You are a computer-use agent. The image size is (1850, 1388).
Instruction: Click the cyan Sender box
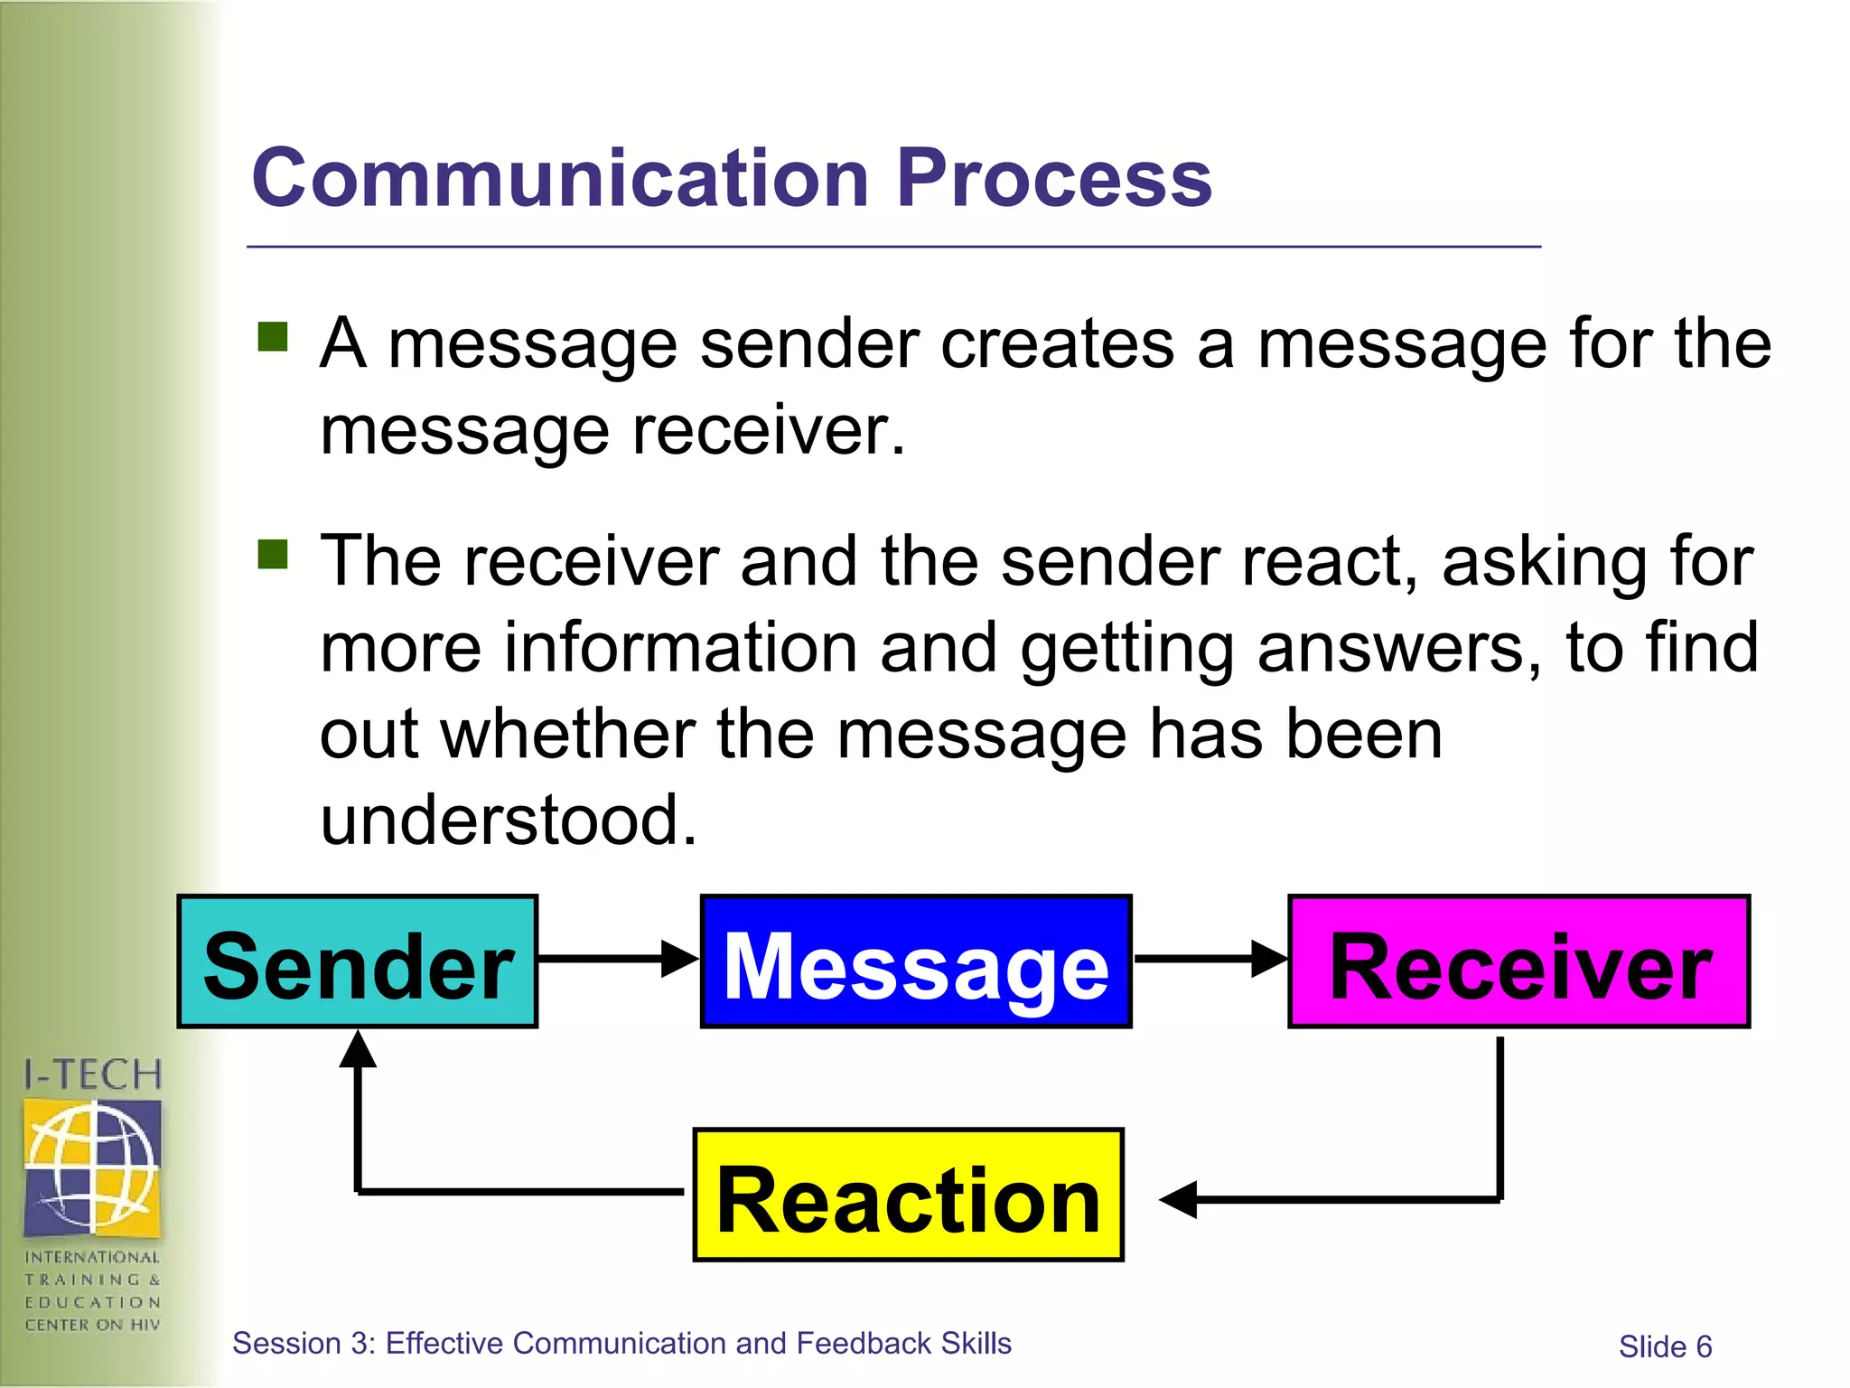[x=358, y=961]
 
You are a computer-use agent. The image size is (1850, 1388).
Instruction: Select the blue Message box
[x=916, y=961]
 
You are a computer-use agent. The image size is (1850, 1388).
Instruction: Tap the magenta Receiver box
[x=1518, y=961]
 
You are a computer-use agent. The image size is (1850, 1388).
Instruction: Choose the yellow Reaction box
[x=908, y=1195]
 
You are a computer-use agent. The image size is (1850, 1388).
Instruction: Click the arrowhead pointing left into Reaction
[x=1178, y=1200]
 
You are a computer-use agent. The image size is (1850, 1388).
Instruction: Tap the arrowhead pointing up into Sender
[x=358, y=1050]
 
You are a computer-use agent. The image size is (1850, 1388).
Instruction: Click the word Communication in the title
[x=560, y=178]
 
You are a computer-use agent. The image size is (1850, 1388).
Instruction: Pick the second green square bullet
[x=272, y=554]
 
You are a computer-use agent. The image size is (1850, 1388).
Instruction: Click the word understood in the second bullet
[x=509, y=820]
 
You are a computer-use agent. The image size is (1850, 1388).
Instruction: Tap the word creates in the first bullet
[x=937, y=344]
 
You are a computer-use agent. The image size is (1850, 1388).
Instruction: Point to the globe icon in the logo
[x=92, y=1167]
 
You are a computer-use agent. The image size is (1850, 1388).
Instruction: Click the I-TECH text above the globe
[x=92, y=1075]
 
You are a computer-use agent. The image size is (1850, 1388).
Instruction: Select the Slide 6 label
[x=1665, y=1346]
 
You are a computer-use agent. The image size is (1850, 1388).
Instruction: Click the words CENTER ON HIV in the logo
[x=92, y=1325]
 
